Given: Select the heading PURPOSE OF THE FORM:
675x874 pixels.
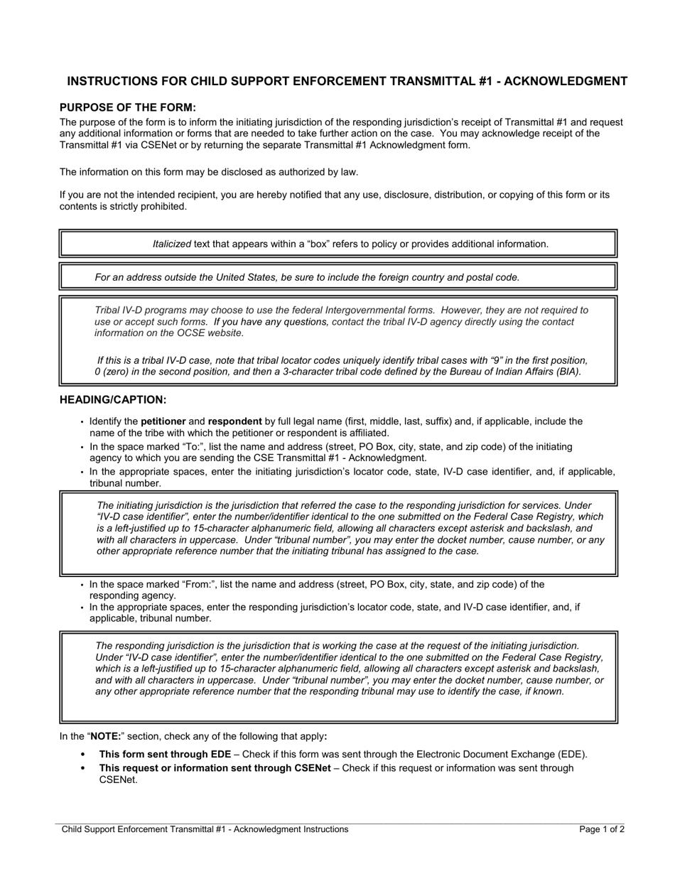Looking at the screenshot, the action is tap(127, 107).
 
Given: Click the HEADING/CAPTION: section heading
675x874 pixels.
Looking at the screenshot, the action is tap(113, 400).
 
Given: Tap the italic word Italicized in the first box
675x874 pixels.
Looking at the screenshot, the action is tap(172, 244).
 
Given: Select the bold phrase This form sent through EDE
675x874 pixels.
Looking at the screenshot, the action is tap(165, 755).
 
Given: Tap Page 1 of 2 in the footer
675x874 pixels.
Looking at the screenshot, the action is tap(602, 829).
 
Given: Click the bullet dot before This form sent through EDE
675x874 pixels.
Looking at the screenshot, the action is tap(83, 755).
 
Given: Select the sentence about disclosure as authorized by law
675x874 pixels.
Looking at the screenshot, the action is tap(208, 171).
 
